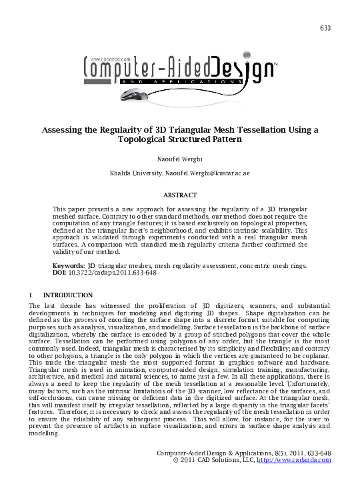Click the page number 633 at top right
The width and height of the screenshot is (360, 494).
(325, 28)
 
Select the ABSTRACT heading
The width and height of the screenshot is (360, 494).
(180, 195)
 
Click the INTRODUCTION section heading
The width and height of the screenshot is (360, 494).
(67, 295)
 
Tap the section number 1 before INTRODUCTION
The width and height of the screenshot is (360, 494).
(31, 295)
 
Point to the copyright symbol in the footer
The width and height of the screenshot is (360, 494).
(175, 460)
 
